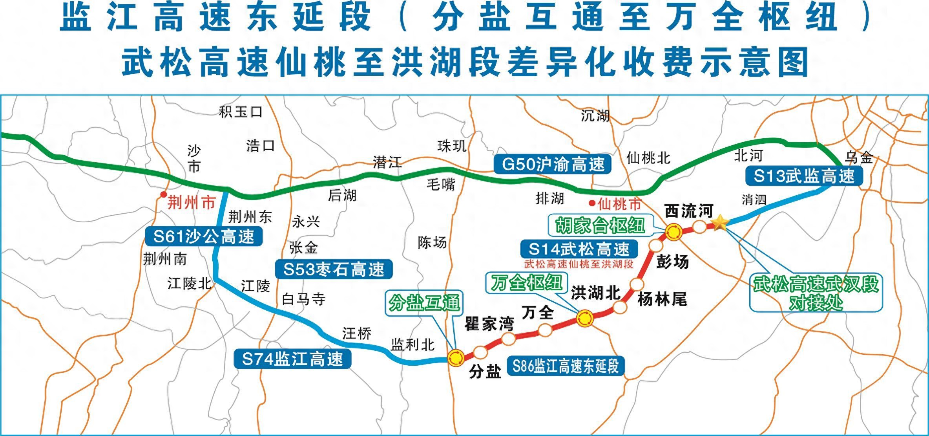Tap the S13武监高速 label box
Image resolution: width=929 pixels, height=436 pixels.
(803, 176)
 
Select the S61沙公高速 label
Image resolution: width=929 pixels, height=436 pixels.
(203, 236)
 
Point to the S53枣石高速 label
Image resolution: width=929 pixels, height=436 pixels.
(334, 269)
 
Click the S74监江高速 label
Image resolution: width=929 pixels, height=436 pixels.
(292, 359)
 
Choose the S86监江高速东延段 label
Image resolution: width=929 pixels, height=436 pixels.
(566, 366)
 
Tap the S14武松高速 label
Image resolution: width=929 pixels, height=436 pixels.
(579, 249)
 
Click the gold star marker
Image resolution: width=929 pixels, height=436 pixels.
(720, 223)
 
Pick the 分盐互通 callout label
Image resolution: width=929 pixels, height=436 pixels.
(424, 303)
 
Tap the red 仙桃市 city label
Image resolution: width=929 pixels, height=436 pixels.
(619, 204)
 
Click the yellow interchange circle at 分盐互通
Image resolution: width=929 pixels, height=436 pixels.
(456, 357)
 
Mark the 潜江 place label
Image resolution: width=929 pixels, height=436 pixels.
(387, 162)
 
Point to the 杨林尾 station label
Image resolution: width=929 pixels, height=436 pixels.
(662, 300)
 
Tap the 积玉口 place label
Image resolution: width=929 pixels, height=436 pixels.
(241, 112)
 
